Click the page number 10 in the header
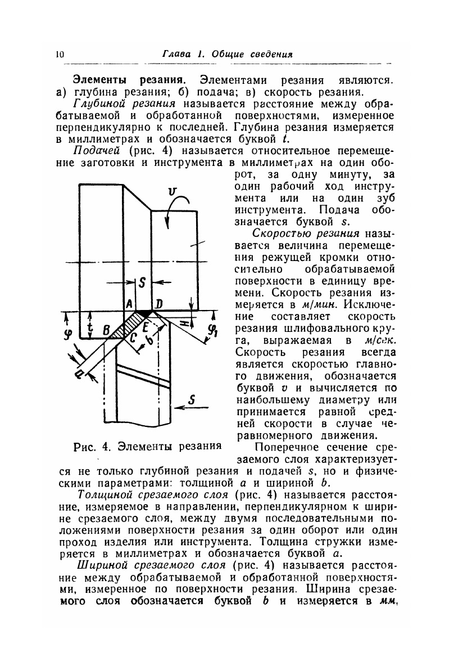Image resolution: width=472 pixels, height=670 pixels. [x=60, y=55]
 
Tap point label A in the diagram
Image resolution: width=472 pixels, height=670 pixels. [x=129, y=303]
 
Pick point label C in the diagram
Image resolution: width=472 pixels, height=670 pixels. [x=133, y=339]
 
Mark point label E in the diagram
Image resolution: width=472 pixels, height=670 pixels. [x=145, y=326]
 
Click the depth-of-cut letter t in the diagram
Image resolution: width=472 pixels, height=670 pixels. [x=90, y=328]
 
